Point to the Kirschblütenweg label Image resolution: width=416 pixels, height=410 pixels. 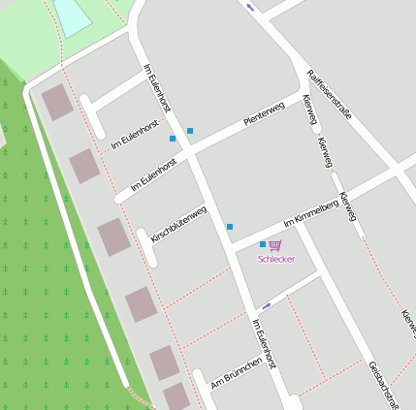[178, 223]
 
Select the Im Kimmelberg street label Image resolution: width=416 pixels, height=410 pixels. [309, 225]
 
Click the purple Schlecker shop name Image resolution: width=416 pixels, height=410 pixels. [276, 259]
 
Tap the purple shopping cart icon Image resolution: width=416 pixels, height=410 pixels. [275, 245]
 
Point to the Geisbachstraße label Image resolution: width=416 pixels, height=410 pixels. [384, 385]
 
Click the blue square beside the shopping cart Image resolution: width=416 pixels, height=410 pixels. [263, 244]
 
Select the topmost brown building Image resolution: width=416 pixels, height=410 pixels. [57, 103]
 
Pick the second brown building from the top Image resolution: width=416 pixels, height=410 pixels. [84, 167]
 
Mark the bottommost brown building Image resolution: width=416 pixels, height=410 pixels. [176, 396]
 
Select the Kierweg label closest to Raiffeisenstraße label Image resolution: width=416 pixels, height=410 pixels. [310, 110]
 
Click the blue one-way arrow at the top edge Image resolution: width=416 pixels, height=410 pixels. [252, 8]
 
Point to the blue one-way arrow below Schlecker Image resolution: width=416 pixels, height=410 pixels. [267, 305]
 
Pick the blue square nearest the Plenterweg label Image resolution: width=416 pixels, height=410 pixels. [190, 131]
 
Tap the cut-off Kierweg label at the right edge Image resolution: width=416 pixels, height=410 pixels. [408, 325]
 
